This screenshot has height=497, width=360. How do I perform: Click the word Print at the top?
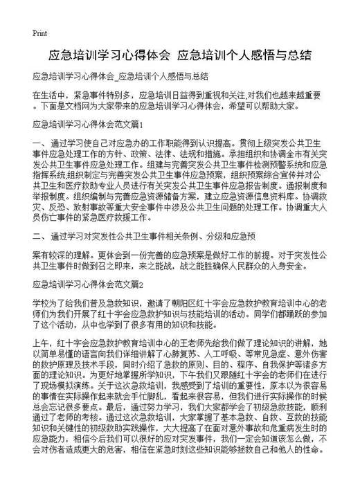click(x=39, y=33)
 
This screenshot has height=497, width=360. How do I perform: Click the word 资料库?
click(x=272, y=185)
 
